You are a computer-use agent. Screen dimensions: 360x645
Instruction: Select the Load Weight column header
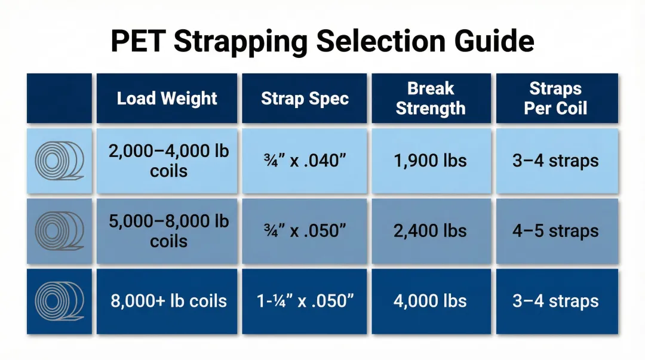click(x=167, y=99)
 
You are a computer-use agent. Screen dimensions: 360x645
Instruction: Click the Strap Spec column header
click(x=305, y=99)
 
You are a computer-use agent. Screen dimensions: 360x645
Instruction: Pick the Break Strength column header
click(x=431, y=99)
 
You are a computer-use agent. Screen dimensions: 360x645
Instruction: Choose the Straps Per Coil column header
click(x=555, y=99)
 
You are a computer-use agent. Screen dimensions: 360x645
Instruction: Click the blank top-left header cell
click(x=59, y=99)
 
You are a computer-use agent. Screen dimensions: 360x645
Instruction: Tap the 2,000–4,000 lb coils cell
click(x=168, y=161)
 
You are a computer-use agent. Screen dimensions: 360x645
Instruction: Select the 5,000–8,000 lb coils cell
click(x=168, y=230)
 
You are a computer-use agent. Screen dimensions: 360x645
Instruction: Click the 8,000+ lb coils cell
click(x=168, y=301)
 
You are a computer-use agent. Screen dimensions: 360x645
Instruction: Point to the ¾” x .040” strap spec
click(x=305, y=161)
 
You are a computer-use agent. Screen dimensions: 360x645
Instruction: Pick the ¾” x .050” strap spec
click(x=305, y=230)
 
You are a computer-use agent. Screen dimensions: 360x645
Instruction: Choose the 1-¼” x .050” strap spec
click(x=305, y=301)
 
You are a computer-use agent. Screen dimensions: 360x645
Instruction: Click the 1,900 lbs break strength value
click(x=431, y=161)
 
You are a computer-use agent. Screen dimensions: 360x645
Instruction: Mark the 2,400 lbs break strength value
click(x=431, y=230)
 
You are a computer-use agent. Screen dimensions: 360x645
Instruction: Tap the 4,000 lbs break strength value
click(x=431, y=301)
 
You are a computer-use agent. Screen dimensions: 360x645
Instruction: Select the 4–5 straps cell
click(x=555, y=230)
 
